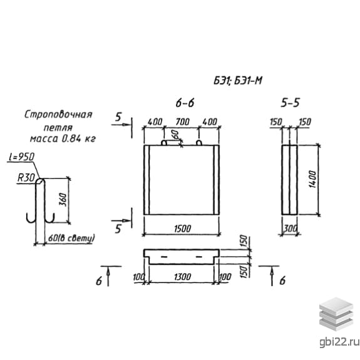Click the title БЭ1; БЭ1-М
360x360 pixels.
coord(238,81)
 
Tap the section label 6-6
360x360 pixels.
coord(185,103)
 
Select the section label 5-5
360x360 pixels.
coord(291,103)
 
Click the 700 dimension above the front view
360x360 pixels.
coord(183,121)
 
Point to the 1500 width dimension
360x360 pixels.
coord(183,229)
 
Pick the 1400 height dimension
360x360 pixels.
coord(312,179)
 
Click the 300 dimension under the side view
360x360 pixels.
coord(291,229)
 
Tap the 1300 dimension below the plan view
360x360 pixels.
coord(183,277)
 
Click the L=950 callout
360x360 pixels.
coord(21,157)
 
